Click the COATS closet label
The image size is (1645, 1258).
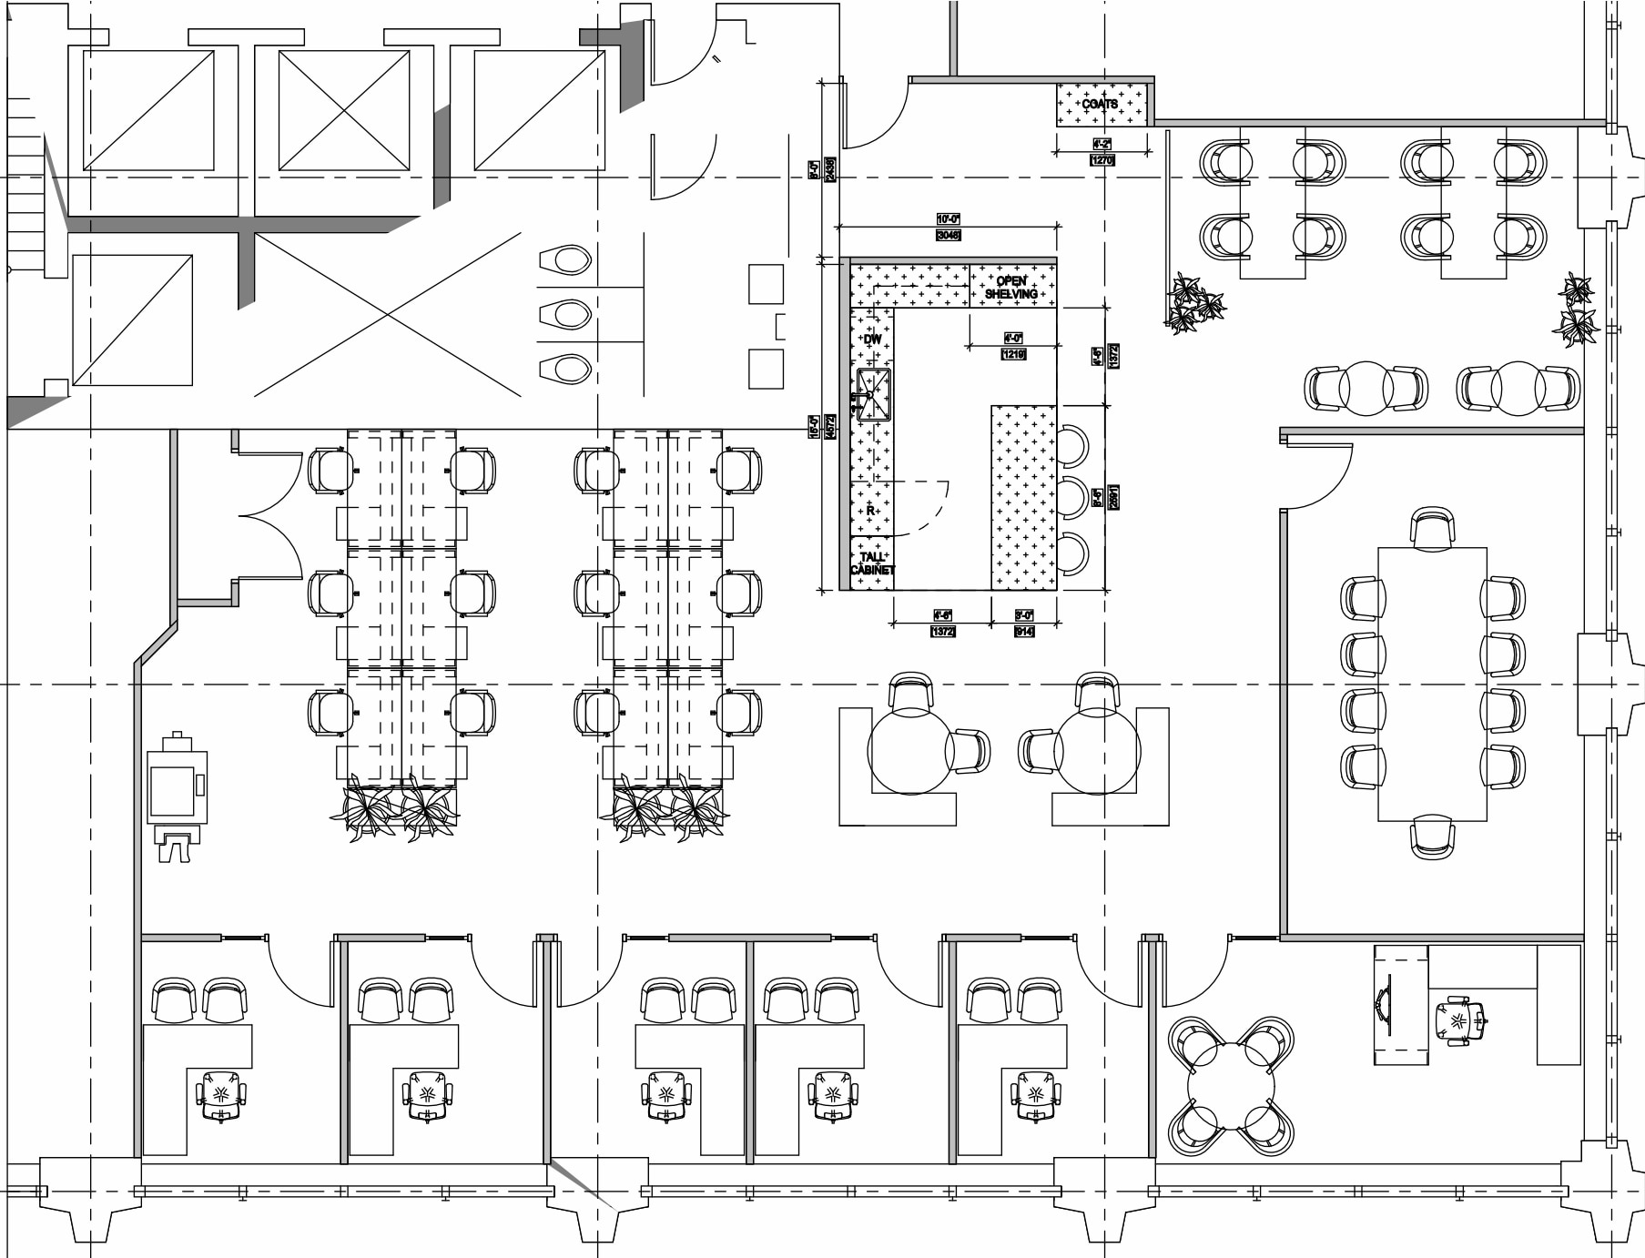coord(1100,104)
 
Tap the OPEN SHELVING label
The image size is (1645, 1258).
coord(1010,287)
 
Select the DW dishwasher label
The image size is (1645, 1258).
coord(872,339)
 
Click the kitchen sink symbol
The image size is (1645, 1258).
coord(873,394)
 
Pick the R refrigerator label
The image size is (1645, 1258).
coord(870,511)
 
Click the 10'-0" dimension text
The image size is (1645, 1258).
coord(948,219)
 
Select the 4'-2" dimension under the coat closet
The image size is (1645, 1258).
coord(1102,145)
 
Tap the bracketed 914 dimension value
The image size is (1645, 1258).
coord(1024,631)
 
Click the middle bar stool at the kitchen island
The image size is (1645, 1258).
coord(1073,498)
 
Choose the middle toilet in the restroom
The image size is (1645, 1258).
coord(567,315)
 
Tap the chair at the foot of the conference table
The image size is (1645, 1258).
coord(1432,836)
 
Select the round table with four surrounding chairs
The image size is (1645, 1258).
coord(1231,1086)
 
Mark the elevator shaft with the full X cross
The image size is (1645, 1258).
coord(344,110)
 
